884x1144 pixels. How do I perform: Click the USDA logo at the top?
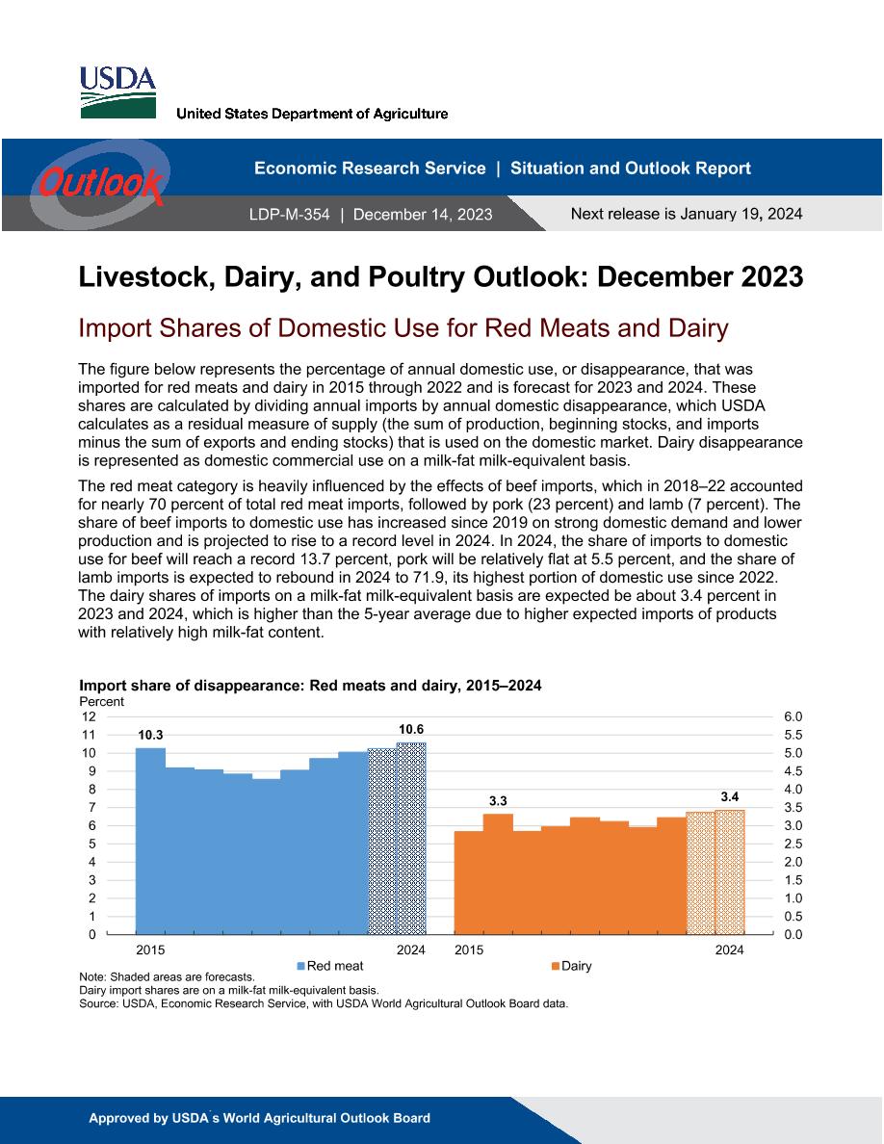117,92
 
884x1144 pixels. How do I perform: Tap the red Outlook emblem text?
100,182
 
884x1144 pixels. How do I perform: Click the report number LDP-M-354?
290,215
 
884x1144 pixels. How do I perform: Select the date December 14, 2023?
423,215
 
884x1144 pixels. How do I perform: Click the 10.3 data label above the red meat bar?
150,736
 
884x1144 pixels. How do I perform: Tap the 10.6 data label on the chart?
410,729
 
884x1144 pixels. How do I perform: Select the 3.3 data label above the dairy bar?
498,801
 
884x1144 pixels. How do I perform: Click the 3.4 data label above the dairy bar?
729,797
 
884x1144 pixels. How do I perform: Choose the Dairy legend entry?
572,966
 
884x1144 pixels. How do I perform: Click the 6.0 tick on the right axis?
793,716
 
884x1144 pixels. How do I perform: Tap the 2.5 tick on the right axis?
793,845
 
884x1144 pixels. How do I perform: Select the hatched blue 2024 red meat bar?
411,839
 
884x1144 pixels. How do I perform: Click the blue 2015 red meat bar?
150,842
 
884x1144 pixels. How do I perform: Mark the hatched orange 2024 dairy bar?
729,871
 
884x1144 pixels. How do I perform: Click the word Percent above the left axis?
101,701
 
